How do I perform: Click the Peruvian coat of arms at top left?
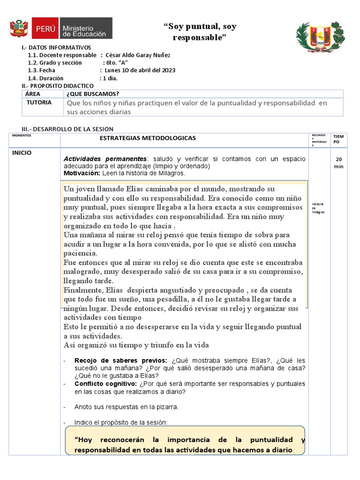point(19,29)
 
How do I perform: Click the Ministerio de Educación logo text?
point(84,29)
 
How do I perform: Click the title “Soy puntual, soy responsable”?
point(200,32)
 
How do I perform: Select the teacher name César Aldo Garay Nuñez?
point(138,55)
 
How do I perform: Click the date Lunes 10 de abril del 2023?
point(140,70)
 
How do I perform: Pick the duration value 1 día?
point(108,78)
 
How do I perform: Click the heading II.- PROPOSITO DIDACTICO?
point(58,86)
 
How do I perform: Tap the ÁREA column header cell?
point(32,94)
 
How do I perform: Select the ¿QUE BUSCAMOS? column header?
point(92,94)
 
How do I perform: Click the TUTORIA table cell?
point(39,103)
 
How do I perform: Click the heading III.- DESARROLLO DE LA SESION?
point(67,129)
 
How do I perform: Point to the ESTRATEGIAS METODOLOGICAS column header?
point(148,138)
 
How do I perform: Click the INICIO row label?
point(22,153)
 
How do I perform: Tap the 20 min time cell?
point(339,163)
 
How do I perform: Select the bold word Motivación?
point(82,173)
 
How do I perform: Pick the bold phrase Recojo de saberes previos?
point(120,360)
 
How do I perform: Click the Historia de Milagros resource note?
point(318,208)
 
